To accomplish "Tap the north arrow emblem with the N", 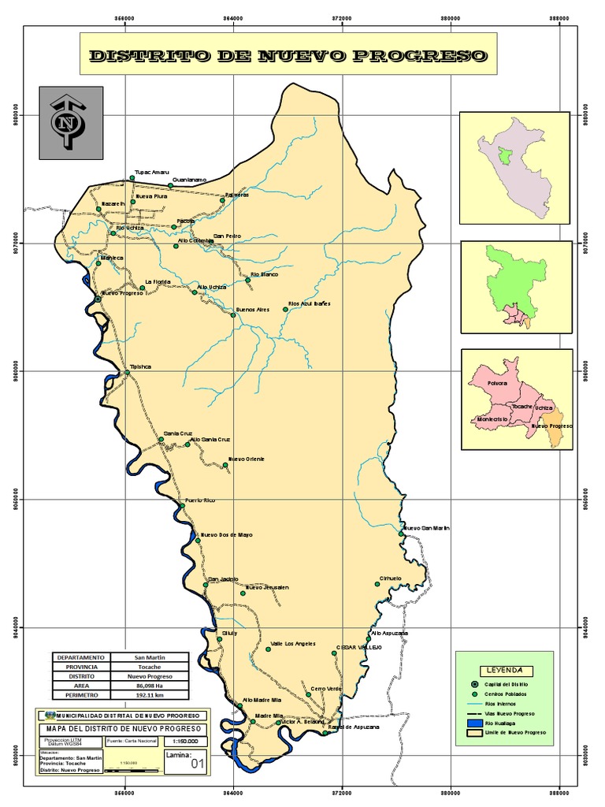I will (70, 123).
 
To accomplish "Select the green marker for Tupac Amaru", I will (132, 178).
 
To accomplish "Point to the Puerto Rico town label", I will (199, 500).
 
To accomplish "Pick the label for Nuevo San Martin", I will (427, 527).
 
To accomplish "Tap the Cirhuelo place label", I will (391, 578).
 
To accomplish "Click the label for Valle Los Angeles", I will (293, 643).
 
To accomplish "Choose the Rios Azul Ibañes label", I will (309, 303).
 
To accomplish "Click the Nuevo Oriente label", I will (246, 459).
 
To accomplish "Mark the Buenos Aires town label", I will (253, 310).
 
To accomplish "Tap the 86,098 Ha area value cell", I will (150, 686).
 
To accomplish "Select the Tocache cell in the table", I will (150, 667).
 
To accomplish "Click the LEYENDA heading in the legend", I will (504, 670).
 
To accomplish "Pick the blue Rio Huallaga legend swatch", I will (473, 723).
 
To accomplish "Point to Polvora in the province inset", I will (497, 383).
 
